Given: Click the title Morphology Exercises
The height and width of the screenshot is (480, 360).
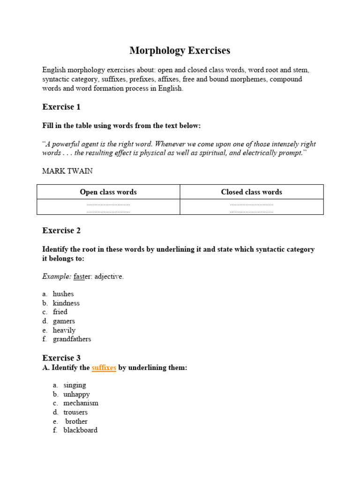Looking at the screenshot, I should [x=180, y=51].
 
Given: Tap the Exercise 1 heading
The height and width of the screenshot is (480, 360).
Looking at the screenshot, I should [x=61, y=107].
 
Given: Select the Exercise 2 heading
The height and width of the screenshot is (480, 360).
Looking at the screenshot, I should [x=61, y=230].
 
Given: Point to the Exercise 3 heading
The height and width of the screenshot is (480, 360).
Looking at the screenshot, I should [x=61, y=358].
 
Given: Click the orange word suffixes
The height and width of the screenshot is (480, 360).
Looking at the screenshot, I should [x=104, y=368].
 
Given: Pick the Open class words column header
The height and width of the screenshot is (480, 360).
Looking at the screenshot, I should [x=108, y=192].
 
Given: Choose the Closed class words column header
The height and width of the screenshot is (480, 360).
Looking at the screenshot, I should [x=251, y=192].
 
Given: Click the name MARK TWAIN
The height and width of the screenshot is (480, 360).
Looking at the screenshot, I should [x=67, y=171].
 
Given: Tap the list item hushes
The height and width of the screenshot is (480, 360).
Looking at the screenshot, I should [x=63, y=294].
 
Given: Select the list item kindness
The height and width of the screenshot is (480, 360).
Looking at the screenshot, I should [x=66, y=303].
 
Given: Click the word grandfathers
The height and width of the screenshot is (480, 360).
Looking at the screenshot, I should [x=72, y=339].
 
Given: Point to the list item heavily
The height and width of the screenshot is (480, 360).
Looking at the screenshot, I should [x=64, y=330].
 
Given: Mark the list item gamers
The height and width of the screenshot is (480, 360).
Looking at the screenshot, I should [x=64, y=321].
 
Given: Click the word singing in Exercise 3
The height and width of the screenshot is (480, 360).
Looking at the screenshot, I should [x=75, y=385].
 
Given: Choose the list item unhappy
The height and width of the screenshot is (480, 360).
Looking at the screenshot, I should [x=76, y=394].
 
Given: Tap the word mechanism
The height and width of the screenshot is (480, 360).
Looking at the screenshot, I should [x=81, y=403].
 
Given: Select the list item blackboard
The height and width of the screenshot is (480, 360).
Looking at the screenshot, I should [x=81, y=430].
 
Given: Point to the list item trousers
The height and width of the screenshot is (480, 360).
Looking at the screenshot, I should [x=75, y=412].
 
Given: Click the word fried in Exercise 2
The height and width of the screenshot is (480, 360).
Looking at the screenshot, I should [x=60, y=312].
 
